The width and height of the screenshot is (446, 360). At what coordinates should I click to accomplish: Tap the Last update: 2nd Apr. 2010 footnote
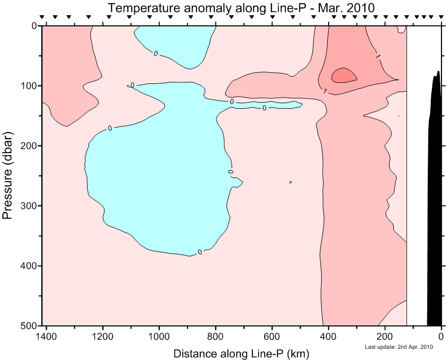pyautogui.click(x=399, y=347)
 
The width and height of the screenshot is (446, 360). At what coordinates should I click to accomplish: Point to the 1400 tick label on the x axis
pyautogui.click(x=47, y=337)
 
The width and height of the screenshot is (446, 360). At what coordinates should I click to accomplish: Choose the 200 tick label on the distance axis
pyautogui.click(x=385, y=337)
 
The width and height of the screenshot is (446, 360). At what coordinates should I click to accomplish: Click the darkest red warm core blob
pyautogui.click(x=344, y=76)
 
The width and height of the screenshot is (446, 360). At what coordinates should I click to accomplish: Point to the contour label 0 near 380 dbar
pyautogui.click(x=200, y=252)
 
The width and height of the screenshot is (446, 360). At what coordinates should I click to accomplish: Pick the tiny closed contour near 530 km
pyautogui.click(x=290, y=182)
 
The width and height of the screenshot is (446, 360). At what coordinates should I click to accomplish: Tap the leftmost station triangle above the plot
pyautogui.click(x=42, y=17)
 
